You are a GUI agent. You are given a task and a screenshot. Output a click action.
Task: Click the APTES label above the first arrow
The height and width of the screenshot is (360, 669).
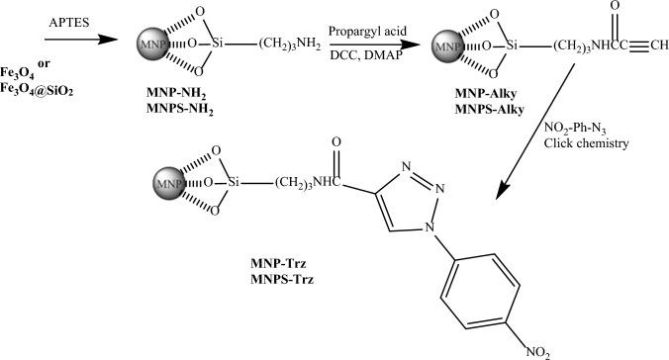coord(65,21)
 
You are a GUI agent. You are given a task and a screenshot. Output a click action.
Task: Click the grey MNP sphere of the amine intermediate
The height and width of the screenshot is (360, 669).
coord(149,45)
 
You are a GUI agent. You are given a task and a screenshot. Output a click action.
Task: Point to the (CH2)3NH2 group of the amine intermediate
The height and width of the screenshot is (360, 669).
coord(293,45)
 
